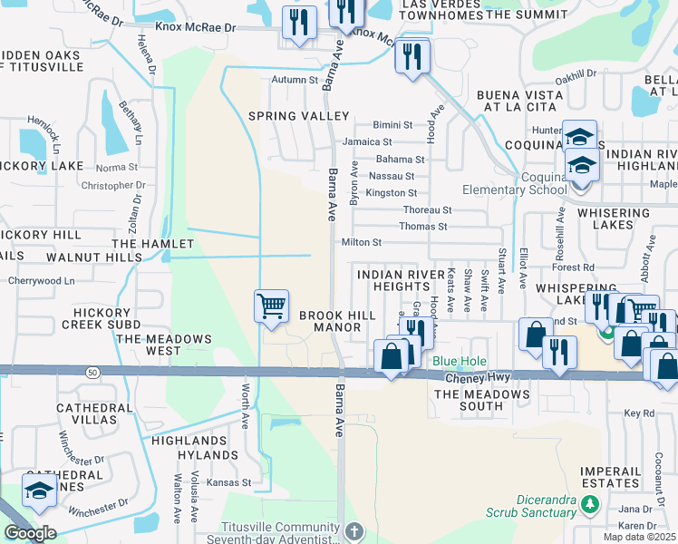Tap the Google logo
(30, 533)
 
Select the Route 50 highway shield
(92, 372)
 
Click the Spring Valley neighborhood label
(298, 116)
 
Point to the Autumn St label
(295, 80)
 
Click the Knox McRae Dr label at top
(195, 28)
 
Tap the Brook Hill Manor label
(336, 320)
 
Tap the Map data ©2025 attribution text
(640, 537)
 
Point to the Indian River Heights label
(398, 280)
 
